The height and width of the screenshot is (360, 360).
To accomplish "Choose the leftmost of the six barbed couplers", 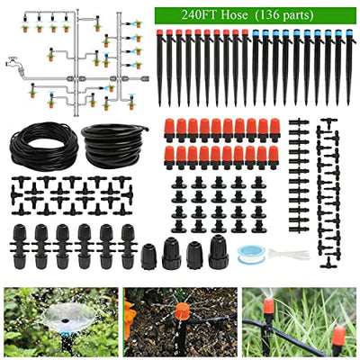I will (x=20, y=246).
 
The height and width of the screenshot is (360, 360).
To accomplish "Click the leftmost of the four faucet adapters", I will (x=149, y=256).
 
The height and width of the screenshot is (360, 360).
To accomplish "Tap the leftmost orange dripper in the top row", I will (x=168, y=130).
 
